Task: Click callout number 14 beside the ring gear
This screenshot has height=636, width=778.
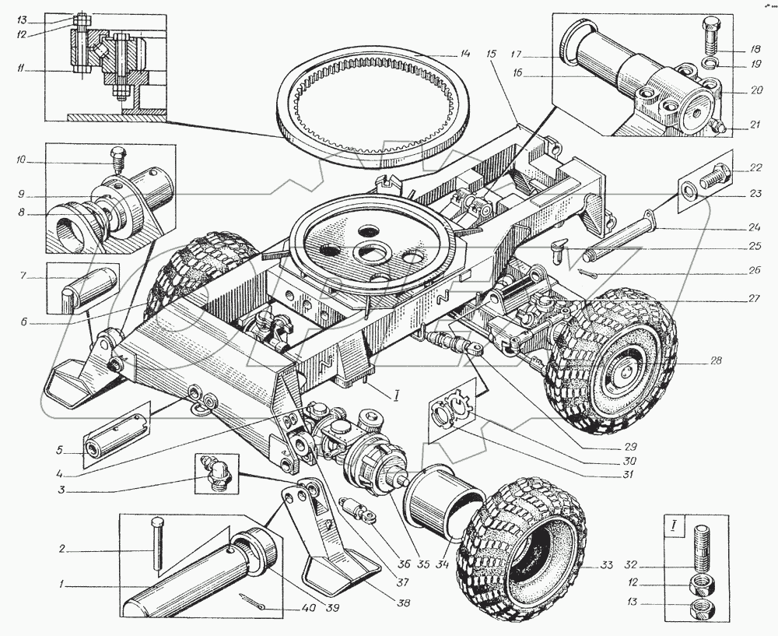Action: pyautogui.click(x=465, y=54)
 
